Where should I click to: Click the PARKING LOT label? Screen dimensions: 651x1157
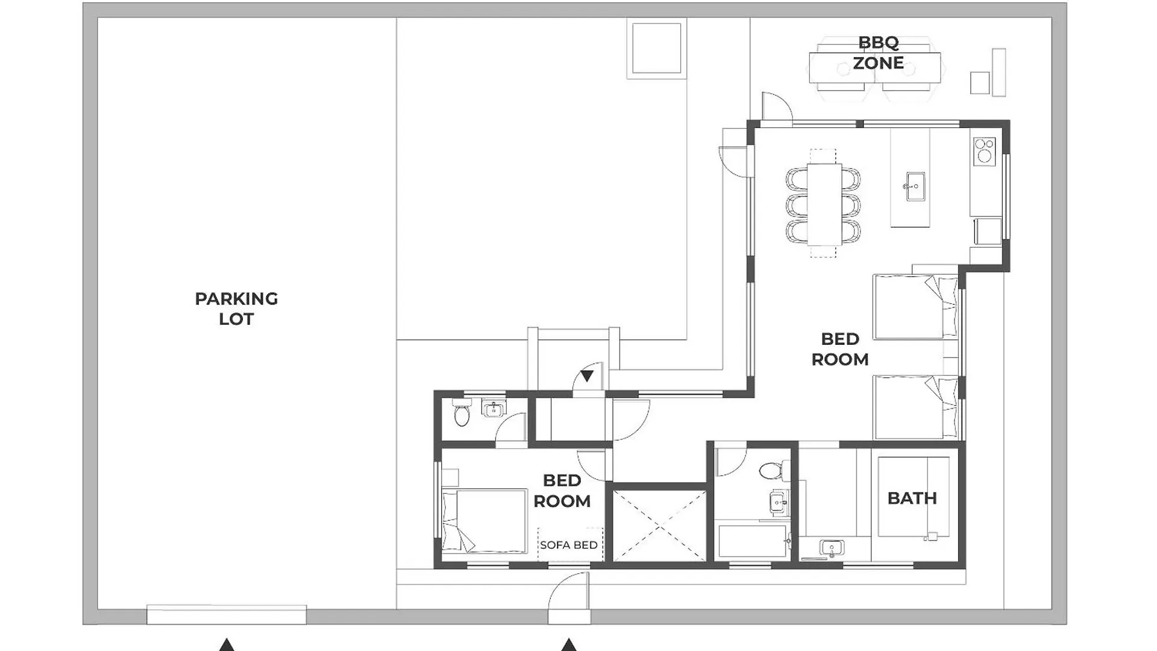[236, 309]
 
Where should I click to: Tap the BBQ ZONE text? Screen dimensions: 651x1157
[878, 53]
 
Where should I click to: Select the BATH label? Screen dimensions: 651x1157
[912, 498]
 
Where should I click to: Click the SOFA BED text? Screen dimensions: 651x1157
[568, 545]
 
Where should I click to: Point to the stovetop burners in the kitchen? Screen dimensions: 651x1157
[984, 151]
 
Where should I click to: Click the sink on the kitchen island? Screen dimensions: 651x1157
[915, 186]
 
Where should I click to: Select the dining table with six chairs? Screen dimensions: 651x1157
[824, 205]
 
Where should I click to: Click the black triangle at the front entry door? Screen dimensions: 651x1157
[587, 376]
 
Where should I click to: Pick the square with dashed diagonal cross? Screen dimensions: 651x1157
[659, 526]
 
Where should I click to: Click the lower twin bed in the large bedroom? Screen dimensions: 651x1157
[915, 407]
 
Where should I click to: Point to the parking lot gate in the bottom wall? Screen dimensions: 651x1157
[227, 615]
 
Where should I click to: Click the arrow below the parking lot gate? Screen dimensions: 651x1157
[227, 645]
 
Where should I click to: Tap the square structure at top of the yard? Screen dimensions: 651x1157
[656, 48]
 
